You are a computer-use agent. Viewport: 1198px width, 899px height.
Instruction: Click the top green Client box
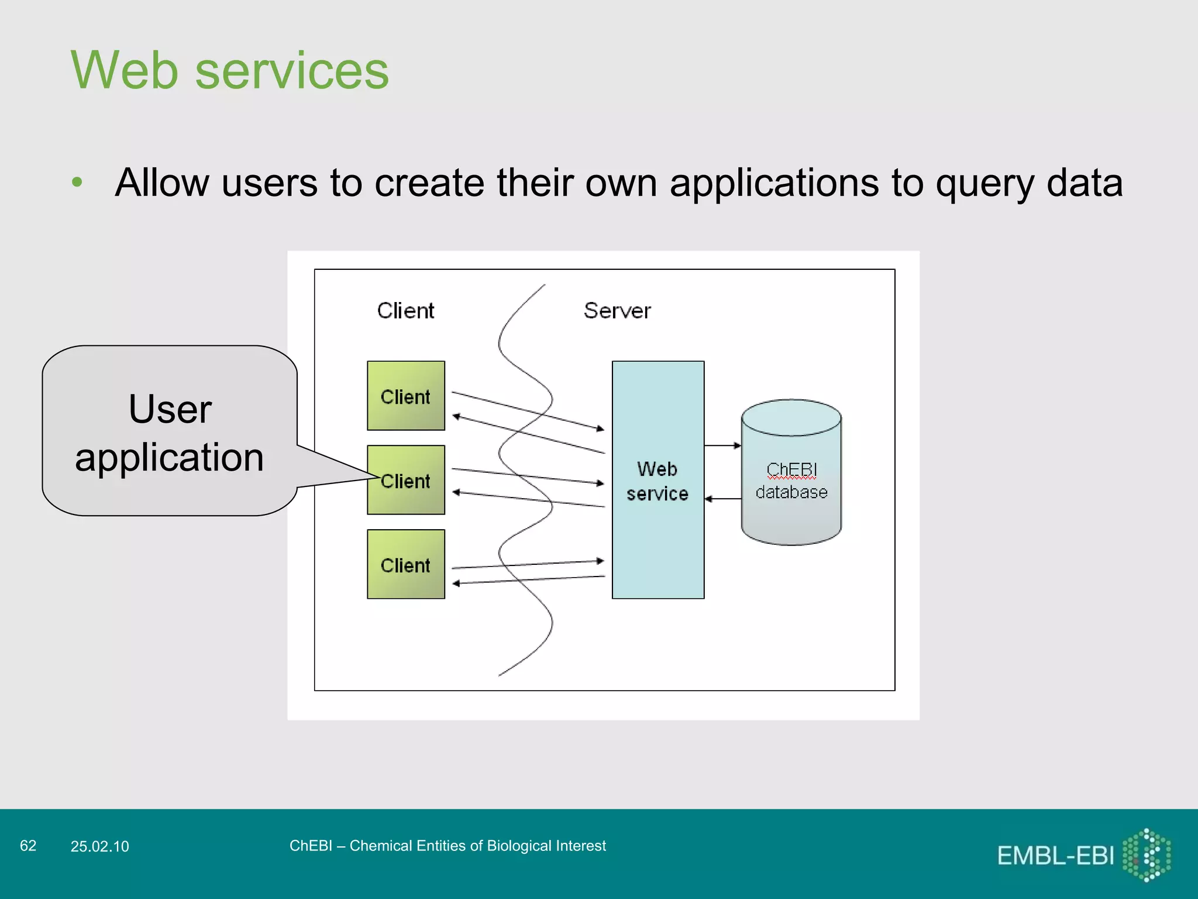[405, 396]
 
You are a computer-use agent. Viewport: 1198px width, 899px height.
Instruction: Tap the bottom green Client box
[405, 564]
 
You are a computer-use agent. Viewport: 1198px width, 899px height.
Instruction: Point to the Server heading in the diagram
[617, 311]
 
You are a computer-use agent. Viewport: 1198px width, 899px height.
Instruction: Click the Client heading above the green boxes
[405, 311]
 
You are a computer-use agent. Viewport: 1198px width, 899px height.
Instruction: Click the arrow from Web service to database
[722, 445]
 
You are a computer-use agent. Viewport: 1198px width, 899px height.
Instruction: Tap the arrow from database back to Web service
[722, 499]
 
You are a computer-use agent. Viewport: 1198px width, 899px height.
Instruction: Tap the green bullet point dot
[77, 183]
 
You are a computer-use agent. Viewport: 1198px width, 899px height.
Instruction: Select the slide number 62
[28, 846]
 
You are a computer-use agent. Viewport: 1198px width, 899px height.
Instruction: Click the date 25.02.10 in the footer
[99, 846]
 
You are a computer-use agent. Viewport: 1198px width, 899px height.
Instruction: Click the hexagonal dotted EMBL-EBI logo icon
[1147, 855]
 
